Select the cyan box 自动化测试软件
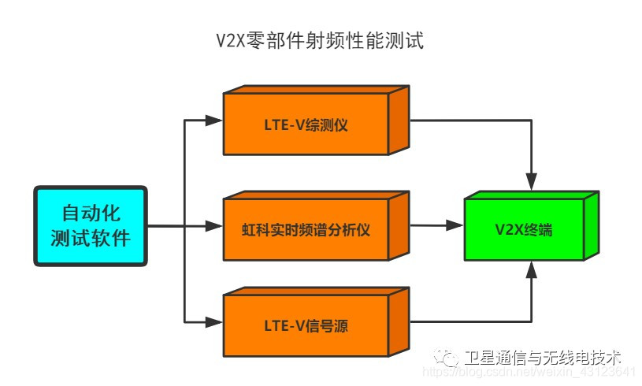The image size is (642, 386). [90, 225]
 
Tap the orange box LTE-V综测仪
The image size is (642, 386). [306, 125]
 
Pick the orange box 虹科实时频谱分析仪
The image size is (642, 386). [306, 230]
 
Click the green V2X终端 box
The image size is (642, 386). [523, 230]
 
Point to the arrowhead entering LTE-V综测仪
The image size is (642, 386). [214, 121]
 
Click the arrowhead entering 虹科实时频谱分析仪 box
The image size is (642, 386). [214, 226]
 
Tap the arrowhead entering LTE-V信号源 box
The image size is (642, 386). [214, 321]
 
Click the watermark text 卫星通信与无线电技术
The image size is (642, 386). [543, 357]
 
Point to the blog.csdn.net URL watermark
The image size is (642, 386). [528, 372]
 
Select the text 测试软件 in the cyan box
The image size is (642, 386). [90, 237]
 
